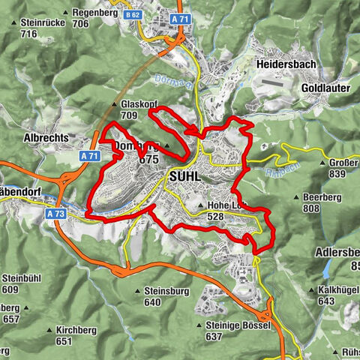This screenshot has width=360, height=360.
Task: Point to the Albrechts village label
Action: [x=46, y=138]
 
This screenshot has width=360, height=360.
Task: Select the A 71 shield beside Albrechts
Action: [x=89, y=156]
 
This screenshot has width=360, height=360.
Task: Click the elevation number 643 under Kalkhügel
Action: [x=326, y=301]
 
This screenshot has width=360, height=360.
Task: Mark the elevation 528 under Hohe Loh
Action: [x=214, y=216]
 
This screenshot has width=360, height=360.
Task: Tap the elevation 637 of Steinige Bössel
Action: [x=214, y=337]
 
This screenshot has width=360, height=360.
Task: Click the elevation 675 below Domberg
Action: [x=149, y=160]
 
